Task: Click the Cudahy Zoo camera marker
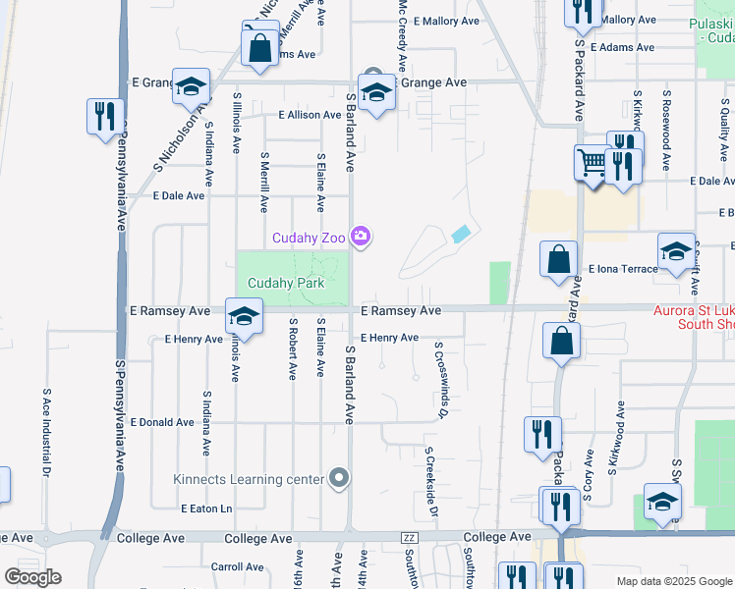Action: coord(361,237)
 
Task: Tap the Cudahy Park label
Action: coord(286,284)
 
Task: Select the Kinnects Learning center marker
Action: coord(339,478)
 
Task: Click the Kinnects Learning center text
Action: coord(249,479)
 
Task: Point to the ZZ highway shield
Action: coord(410,538)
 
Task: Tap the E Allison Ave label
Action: coord(310,115)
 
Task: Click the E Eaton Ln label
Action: coord(206,509)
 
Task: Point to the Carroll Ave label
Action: coord(237,566)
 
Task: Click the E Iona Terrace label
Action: coord(622,268)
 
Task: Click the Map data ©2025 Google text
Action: coord(673,581)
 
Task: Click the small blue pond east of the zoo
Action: coord(461,234)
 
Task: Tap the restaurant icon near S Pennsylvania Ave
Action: coord(103,117)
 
